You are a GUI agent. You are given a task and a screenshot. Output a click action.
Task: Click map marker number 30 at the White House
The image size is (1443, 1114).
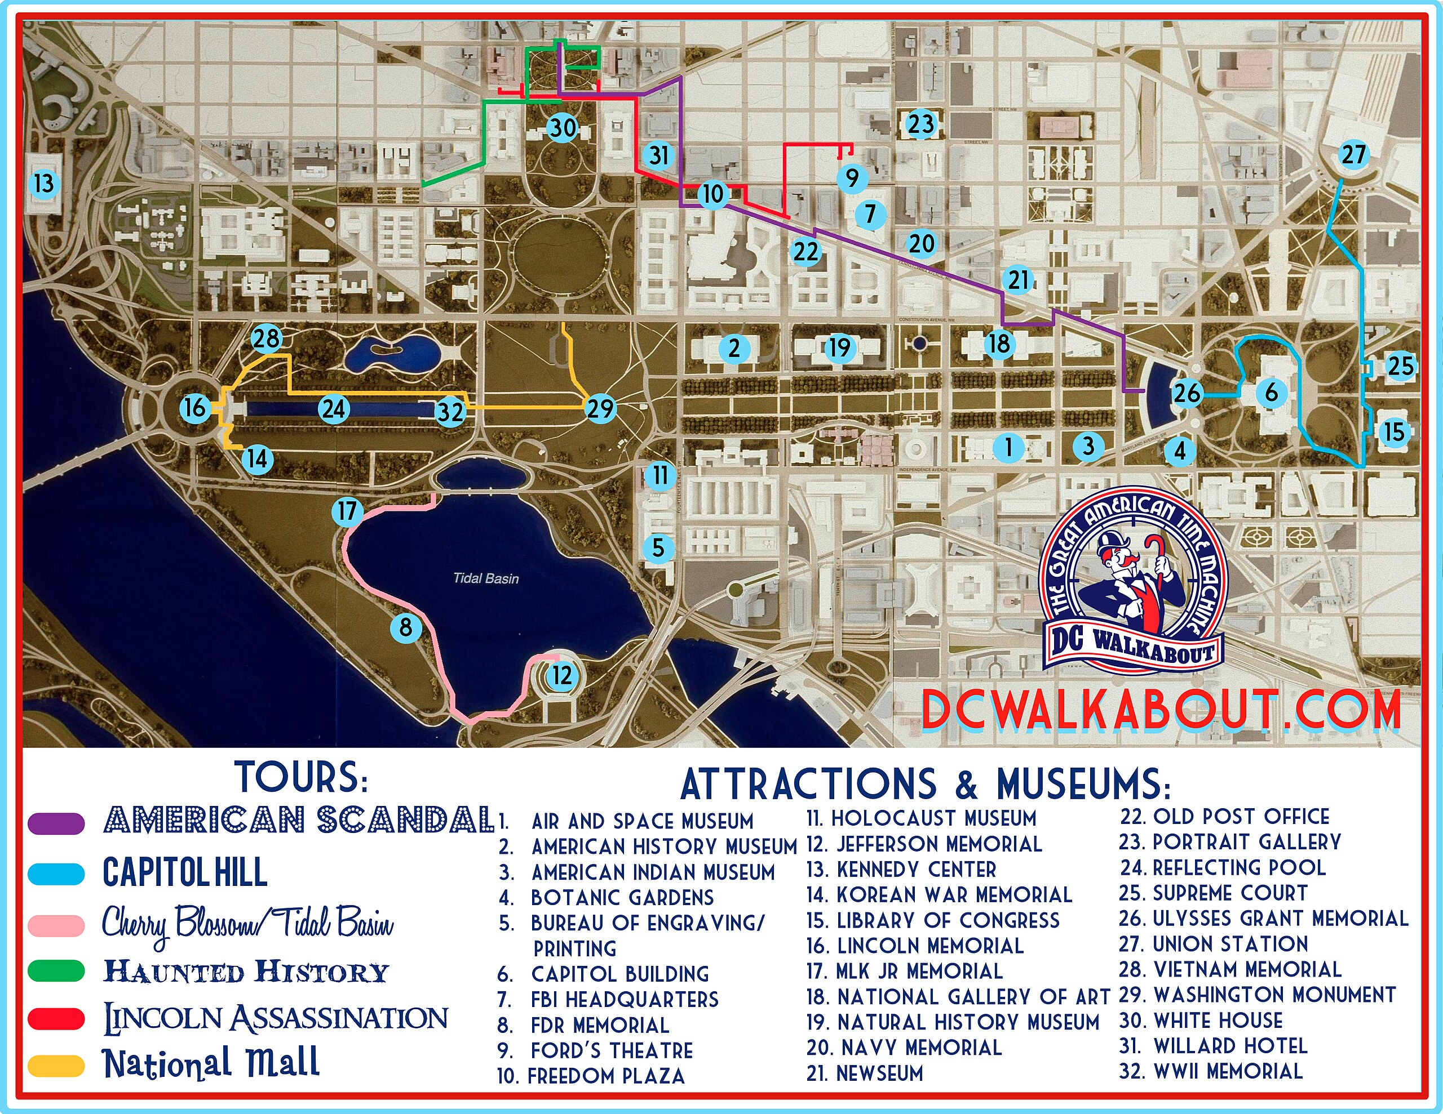click(x=563, y=127)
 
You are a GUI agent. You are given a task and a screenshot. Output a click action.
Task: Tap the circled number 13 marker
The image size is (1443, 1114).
click(x=45, y=183)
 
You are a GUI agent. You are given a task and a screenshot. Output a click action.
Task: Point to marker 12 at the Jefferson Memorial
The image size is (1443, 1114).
click(x=561, y=675)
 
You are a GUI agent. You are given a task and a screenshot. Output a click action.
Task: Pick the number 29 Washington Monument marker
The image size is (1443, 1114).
click(x=600, y=409)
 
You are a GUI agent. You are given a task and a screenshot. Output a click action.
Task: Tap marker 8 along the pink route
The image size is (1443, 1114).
click(x=406, y=627)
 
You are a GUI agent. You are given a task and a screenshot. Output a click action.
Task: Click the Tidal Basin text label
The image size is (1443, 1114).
click(x=486, y=578)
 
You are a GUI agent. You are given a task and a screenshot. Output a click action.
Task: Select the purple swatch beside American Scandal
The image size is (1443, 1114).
click(x=57, y=823)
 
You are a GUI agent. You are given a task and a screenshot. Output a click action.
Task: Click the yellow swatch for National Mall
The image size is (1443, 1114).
click(x=57, y=1065)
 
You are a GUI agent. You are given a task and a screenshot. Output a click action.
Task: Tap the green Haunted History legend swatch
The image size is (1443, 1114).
click(x=57, y=971)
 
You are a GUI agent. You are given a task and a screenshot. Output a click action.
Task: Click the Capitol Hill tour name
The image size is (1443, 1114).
click(x=185, y=872)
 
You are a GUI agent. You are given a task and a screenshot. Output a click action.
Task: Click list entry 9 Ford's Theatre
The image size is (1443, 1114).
click(x=595, y=1050)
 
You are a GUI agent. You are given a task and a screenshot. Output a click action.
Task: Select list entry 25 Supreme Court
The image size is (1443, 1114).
click(x=1213, y=893)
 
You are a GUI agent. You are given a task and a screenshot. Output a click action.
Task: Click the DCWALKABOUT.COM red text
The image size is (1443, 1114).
click(x=1160, y=711)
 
